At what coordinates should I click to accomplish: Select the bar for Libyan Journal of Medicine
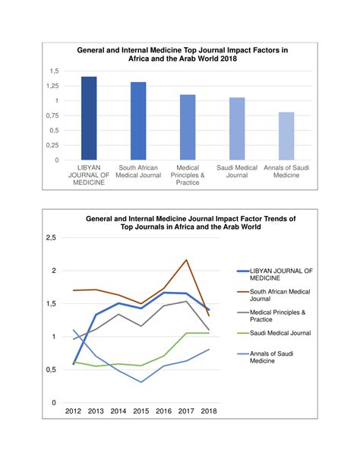click(89, 119)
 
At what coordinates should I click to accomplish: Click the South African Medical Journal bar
click(138, 121)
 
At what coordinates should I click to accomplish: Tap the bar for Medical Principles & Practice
click(188, 127)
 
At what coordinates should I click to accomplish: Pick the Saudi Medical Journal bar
click(237, 128)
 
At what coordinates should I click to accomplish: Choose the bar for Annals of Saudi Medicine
click(286, 136)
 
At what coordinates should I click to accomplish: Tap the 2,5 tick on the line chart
click(51, 238)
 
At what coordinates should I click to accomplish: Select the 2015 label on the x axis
click(141, 411)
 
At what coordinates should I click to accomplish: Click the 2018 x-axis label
click(209, 411)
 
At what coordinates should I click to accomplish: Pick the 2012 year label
click(74, 411)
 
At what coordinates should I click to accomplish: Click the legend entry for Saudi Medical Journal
click(274, 333)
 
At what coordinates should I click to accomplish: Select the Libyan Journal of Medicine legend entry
click(275, 274)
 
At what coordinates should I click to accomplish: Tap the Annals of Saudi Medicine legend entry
click(265, 357)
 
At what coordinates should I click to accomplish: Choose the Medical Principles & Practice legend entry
click(271, 316)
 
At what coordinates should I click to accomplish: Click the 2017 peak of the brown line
click(186, 260)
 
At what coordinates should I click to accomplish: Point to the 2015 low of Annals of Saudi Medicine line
click(141, 382)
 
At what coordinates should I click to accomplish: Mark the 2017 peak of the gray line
click(186, 301)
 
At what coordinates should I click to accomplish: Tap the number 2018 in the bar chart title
click(229, 59)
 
